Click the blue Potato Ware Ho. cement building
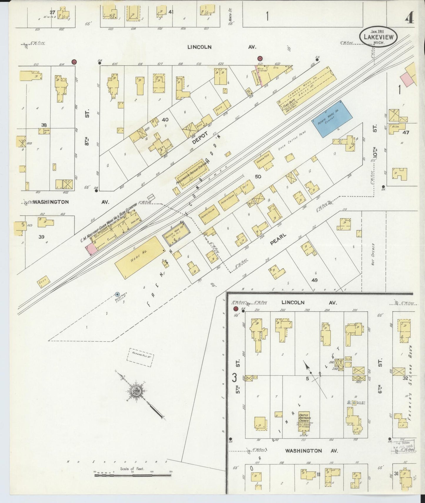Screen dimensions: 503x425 click(x=332, y=119)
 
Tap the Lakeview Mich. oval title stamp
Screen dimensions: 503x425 click(x=378, y=36)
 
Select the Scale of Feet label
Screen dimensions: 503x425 click(x=132, y=469)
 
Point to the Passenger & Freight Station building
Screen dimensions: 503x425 click(x=192, y=174)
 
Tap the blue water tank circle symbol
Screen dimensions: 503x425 click(x=117, y=294)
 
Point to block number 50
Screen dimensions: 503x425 click(x=258, y=176)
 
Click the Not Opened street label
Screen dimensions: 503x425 click(x=373, y=254)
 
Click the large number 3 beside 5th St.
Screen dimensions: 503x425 click(x=234, y=377)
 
